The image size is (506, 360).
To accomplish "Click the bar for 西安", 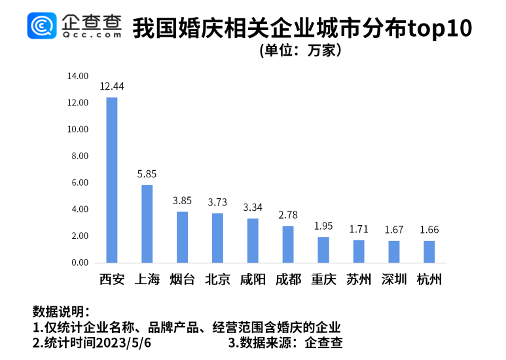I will tap(112, 180).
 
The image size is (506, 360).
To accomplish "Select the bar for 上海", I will tap(147, 224).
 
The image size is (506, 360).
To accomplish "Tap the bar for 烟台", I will tap(182, 237).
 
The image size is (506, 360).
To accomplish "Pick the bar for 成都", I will tap(288, 244).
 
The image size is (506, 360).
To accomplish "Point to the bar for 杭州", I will tap(429, 252).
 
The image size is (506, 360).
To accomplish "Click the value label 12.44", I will tap(112, 86).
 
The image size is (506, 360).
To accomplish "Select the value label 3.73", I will tap(217, 202).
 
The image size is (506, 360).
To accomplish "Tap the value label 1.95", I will tap(323, 226).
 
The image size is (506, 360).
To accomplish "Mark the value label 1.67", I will tap(393, 230).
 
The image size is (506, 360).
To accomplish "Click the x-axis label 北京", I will tap(217, 279).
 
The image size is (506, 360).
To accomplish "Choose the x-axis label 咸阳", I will tap(253, 279).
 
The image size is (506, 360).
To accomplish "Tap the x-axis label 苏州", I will tap(359, 279).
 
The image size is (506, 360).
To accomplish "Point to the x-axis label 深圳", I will tap(393, 279).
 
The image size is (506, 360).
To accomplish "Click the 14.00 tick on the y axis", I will tap(77, 76).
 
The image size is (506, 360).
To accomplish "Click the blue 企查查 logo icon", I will tap(41, 26).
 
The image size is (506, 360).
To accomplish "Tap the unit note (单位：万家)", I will tap(300, 50).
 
